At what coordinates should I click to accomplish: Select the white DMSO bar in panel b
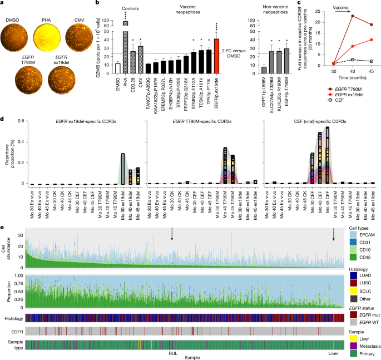click(x=117, y=68)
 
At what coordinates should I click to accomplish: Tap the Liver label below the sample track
click(x=333, y=353)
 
